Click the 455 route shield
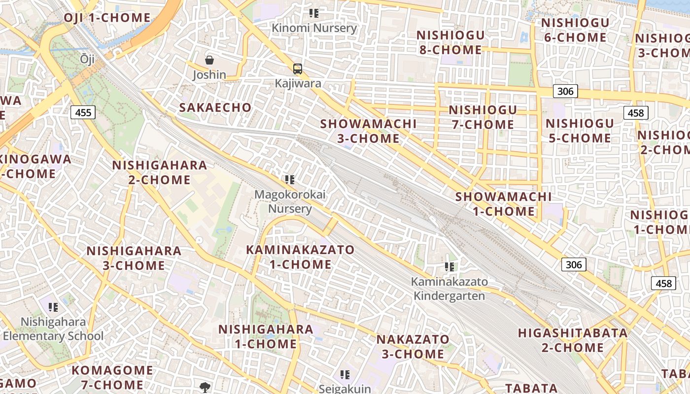click(83, 112)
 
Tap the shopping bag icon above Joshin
click(209, 60)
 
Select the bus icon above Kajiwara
click(298, 68)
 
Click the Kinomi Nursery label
click(314, 28)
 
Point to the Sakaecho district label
click(215, 107)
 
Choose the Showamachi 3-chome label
click(368, 131)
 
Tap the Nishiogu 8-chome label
click(450, 42)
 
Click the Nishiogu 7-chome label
click(483, 117)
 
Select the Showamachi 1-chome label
click(503, 204)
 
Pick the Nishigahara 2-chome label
click(159, 172)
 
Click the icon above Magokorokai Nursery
click(290, 180)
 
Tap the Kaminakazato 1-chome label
click(300, 257)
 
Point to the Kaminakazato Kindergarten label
click(449, 289)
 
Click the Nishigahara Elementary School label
click(53, 329)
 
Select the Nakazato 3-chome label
click(413, 347)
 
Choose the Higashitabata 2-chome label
click(573, 340)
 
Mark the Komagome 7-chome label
click(113, 377)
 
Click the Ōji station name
click(87, 59)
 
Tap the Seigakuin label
click(345, 388)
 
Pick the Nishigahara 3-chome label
click(134, 258)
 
